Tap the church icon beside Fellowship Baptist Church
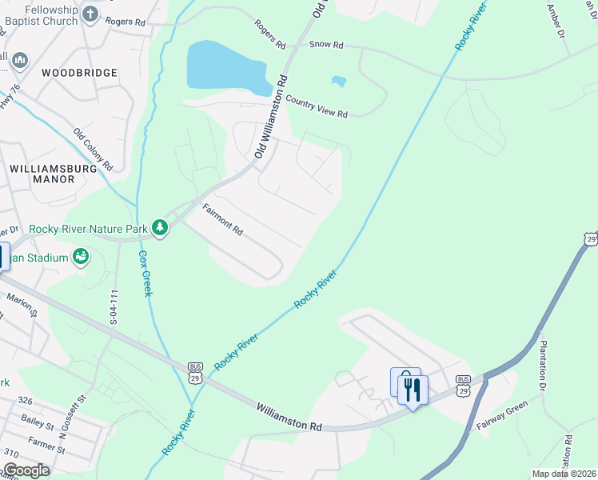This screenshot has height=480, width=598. [90, 14]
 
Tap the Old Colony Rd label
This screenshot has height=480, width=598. [94, 150]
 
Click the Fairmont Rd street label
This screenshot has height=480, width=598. [222, 220]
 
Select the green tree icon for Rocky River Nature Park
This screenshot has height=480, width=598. [161, 228]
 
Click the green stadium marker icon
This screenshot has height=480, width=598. [80, 256]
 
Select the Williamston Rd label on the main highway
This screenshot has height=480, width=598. [289, 418]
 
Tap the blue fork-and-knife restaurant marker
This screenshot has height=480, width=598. [413, 390]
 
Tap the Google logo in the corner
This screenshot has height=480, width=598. [26, 470]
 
